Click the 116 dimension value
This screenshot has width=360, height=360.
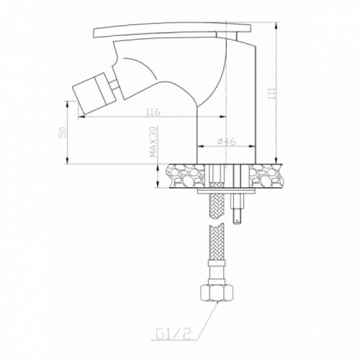(153, 112)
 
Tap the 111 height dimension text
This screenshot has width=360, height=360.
(271, 94)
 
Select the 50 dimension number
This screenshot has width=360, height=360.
(63, 132)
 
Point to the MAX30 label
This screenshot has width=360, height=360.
(153, 142)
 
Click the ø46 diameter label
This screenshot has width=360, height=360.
(227, 142)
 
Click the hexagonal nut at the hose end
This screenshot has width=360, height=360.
(217, 292)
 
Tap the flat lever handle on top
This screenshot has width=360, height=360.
(172, 30)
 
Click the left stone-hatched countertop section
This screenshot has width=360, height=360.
(186, 176)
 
